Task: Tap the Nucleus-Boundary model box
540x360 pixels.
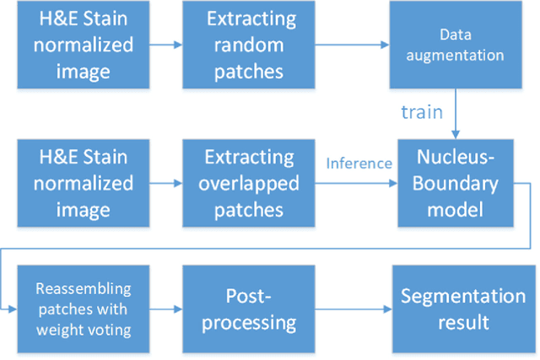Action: coord(461,184)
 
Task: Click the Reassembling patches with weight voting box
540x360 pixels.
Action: coord(83,309)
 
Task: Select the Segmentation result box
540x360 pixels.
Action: coord(462,309)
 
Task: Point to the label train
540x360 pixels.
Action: coord(421,111)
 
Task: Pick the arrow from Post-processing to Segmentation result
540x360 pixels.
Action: coord(360,309)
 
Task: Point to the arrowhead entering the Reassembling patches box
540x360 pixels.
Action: coord(9,309)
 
